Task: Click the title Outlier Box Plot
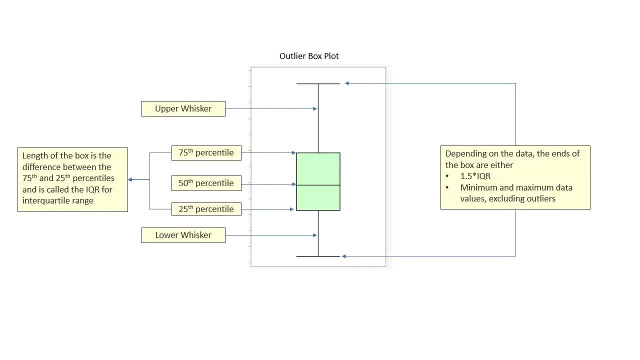pyautogui.click(x=309, y=56)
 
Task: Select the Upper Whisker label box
pyautogui.click(x=183, y=108)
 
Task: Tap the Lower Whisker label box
pyautogui.click(x=183, y=235)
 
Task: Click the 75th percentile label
pyautogui.click(x=206, y=152)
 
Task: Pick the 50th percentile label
pyautogui.click(x=206, y=183)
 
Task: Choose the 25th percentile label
pyautogui.click(x=206, y=209)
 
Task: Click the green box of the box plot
pyautogui.click(x=318, y=169)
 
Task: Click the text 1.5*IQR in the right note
pyautogui.click(x=475, y=176)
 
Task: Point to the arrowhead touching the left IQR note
pyautogui.click(x=130, y=179)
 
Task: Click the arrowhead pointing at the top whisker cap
pyautogui.click(x=347, y=83)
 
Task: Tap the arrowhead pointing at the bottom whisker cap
pyautogui.click(x=344, y=256)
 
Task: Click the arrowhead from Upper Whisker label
pyautogui.click(x=315, y=108)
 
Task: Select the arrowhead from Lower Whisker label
pyautogui.click(x=315, y=235)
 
